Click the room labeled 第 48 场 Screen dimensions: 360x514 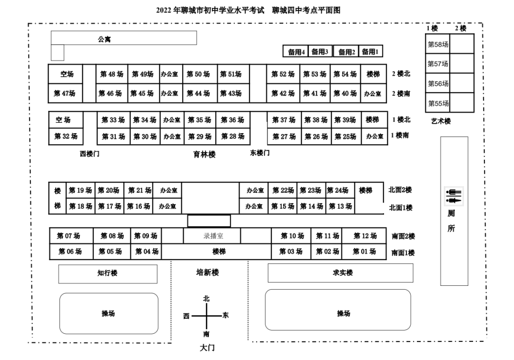(x=112, y=74)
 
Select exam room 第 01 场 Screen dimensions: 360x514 (x=364, y=252)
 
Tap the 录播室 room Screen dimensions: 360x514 (x=213, y=236)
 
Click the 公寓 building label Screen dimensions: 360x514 (x=105, y=39)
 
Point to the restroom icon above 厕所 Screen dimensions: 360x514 (x=454, y=196)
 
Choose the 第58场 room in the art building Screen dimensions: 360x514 (x=438, y=45)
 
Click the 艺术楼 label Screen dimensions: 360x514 (x=441, y=121)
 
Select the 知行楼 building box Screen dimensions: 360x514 (x=108, y=273)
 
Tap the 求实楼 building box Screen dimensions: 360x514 (x=340, y=273)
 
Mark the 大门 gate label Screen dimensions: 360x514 (x=207, y=348)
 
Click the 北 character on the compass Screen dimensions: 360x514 (x=206, y=299)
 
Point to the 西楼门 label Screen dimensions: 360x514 (x=89, y=154)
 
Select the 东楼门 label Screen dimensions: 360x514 (x=260, y=153)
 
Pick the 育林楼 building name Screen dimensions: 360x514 (x=204, y=154)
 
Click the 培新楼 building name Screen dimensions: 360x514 (x=208, y=272)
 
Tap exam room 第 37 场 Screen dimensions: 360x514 (x=284, y=120)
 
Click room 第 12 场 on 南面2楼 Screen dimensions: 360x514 (x=365, y=236)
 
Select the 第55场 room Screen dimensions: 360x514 (x=438, y=103)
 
